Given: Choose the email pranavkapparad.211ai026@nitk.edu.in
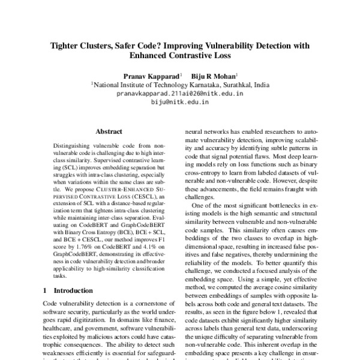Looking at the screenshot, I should pos(179,94).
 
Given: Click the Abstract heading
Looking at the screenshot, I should pos(108,131).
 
